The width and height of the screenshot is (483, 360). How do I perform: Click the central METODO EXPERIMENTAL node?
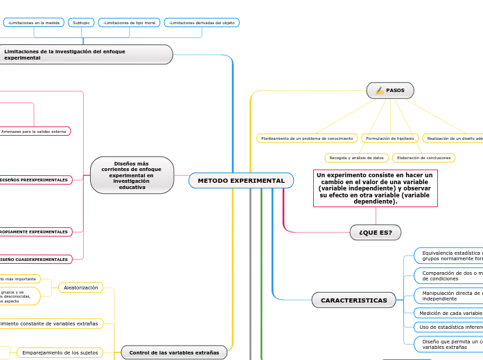coord(240,181)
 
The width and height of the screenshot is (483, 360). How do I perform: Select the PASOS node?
coord(390,91)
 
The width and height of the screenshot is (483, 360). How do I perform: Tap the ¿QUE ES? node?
coord(376,233)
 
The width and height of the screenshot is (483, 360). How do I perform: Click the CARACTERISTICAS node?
coord(353,300)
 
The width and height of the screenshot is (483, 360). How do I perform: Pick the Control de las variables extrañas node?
coord(174,352)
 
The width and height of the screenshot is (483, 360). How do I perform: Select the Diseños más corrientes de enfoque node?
coord(132,175)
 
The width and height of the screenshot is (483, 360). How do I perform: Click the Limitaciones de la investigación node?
coord(86,55)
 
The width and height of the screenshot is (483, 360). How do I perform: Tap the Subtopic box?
coord(81,23)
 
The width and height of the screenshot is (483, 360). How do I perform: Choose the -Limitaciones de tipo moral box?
coord(129,23)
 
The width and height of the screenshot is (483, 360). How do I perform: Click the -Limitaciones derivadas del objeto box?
coord(202,23)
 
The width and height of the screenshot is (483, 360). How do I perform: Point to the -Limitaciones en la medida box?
coord(33,23)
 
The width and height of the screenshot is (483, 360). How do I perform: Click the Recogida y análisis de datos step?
coord(356,158)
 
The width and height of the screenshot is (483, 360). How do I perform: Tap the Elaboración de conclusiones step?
coord(423,158)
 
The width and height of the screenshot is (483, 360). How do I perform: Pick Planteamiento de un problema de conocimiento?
coord(306,138)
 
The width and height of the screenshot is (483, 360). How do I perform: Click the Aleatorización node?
coord(80,287)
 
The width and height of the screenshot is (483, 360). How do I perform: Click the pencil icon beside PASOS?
coord(380,91)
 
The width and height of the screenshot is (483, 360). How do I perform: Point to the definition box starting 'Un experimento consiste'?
coord(375,188)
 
